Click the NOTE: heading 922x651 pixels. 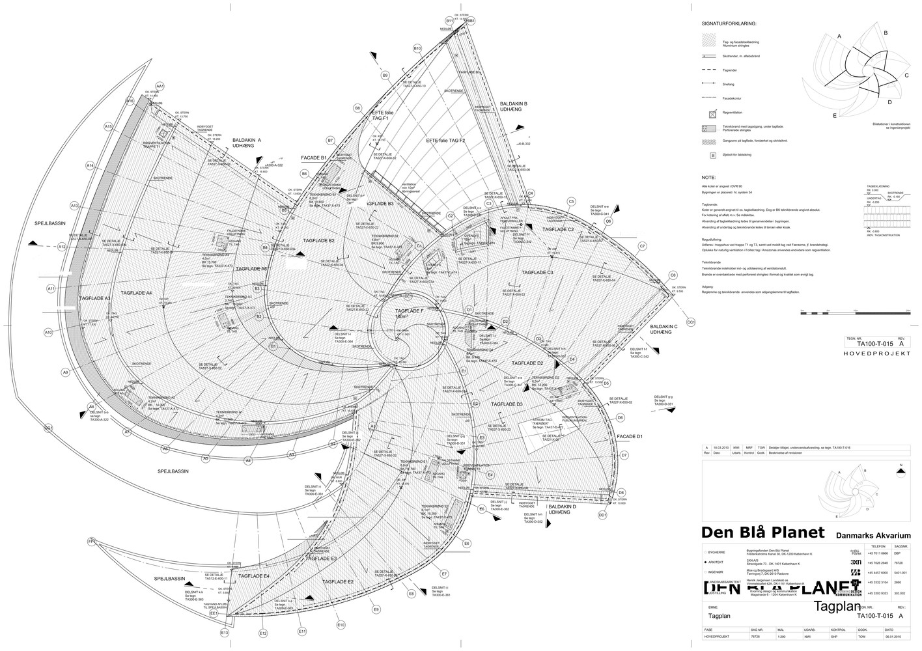coord(708,177)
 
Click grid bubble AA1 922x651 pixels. coord(159,86)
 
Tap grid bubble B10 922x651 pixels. coord(417,49)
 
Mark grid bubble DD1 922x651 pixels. coord(602,515)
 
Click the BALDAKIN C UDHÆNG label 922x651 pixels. coord(664,329)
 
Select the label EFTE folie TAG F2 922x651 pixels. coord(445,141)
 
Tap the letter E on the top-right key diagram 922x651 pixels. coord(834,115)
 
